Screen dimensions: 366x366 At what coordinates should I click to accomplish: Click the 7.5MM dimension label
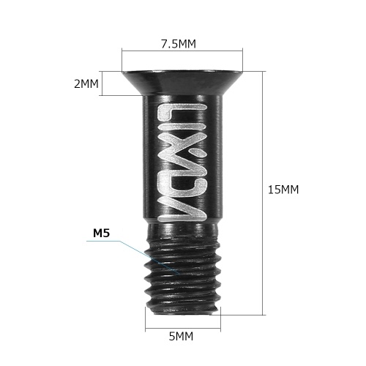(x=179, y=44)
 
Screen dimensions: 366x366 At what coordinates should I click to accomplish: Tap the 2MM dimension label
(x=86, y=83)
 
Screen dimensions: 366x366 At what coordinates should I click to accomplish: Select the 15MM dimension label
(x=283, y=190)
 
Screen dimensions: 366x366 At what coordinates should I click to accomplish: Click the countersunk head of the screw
(x=182, y=82)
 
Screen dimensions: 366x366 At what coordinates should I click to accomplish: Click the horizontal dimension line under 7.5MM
(x=182, y=51)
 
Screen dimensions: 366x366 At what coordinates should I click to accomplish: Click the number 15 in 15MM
(x=274, y=190)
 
